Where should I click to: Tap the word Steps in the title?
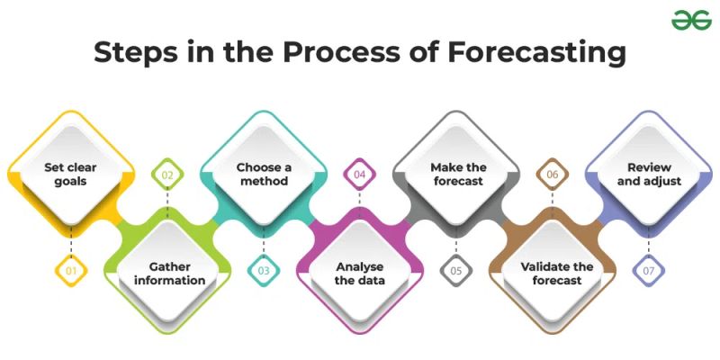[x=141, y=52]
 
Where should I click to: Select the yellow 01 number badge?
[x=71, y=269]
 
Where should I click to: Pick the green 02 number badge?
[x=167, y=174]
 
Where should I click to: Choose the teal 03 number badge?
[x=264, y=269]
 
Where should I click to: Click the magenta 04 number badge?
[x=360, y=174]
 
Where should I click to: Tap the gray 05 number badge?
[x=456, y=269]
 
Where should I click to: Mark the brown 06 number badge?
[x=553, y=174]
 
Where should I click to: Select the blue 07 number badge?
[x=649, y=269]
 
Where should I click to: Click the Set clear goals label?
[x=71, y=174]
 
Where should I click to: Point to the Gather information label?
[x=167, y=273]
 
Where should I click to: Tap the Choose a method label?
[x=264, y=174]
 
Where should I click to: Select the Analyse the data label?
[x=360, y=273]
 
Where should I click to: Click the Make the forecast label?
[x=456, y=174]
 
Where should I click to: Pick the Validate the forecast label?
[x=553, y=273]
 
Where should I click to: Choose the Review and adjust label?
[x=649, y=174]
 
